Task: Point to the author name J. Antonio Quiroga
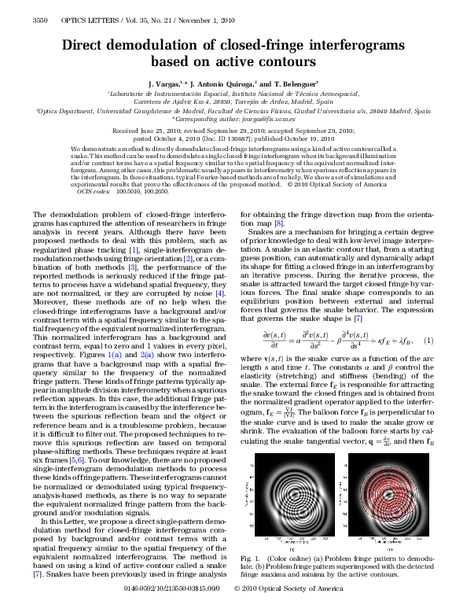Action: point(224,83)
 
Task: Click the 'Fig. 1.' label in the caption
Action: point(251,558)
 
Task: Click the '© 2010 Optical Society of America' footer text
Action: point(289,609)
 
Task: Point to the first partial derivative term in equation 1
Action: point(275,339)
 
